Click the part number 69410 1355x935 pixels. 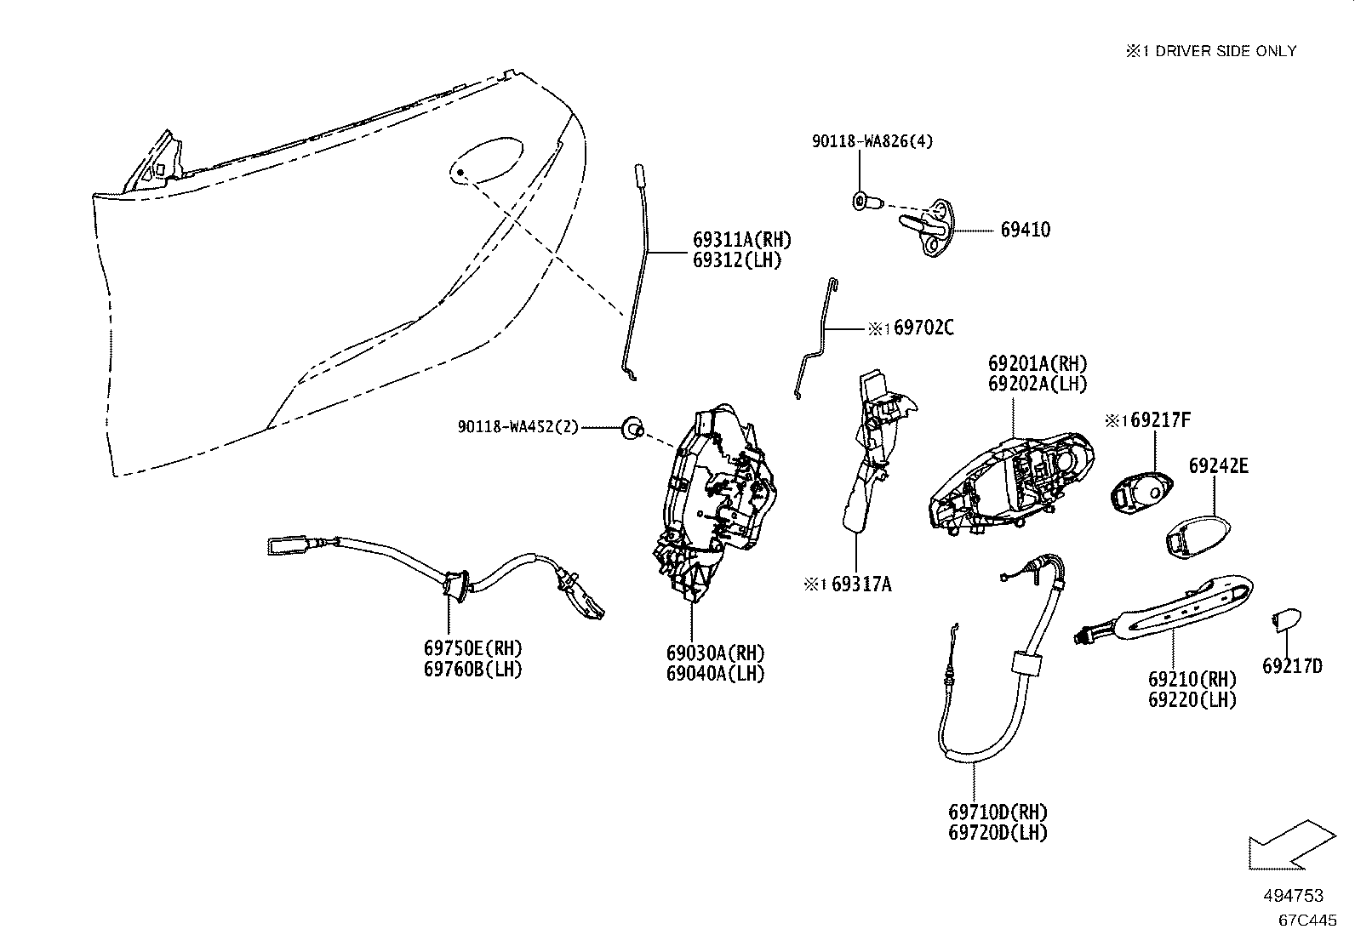tap(1026, 230)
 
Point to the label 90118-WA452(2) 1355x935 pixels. tap(517, 427)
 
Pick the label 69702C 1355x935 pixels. tap(923, 328)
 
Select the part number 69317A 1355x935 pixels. tap(861, 584)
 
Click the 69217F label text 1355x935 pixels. tap(1160, 419)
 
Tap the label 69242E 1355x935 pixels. tap(1218, 465)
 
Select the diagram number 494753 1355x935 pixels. tap(1294, 895)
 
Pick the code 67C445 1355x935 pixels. tap(1307, 920)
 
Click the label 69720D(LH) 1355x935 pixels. tap(998, 833)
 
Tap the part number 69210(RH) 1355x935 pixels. tap(1192, 679)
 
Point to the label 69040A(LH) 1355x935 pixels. tap(716, 674)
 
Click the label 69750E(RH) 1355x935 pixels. tap(473, 648)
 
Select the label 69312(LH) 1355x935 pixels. tap(737, 260)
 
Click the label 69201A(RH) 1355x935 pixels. tap(1038, 363)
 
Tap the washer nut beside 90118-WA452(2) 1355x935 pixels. tap(632, 429)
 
